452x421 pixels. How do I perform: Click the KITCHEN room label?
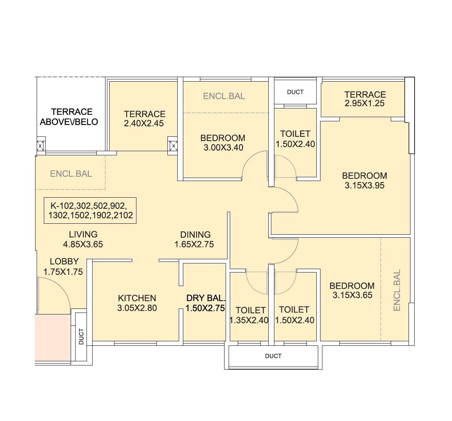(137, 298)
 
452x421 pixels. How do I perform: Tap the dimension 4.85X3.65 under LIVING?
(83, 245)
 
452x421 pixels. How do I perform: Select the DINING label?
(195, 235)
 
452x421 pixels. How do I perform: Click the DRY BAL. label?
(206, 298)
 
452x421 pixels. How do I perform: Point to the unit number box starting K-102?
(90, 210)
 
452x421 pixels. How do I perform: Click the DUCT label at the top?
(295, 92)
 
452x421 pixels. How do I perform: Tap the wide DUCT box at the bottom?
(273, 356)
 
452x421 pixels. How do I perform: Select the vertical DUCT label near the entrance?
(81, 336)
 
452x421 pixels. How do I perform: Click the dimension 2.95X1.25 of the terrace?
(365, 104)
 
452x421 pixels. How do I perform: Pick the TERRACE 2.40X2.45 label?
(144, 118)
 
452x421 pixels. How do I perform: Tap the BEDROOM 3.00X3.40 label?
(223, 142)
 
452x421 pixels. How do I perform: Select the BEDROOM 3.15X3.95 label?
(364, 180)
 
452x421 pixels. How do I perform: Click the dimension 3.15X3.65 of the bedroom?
(352, 296)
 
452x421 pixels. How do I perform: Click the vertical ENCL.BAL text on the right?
(397, 290)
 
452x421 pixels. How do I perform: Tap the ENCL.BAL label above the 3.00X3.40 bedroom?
(224, 96)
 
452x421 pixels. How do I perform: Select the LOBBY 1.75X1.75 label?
(63, 266)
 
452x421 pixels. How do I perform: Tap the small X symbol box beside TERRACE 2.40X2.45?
(173, 145)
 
